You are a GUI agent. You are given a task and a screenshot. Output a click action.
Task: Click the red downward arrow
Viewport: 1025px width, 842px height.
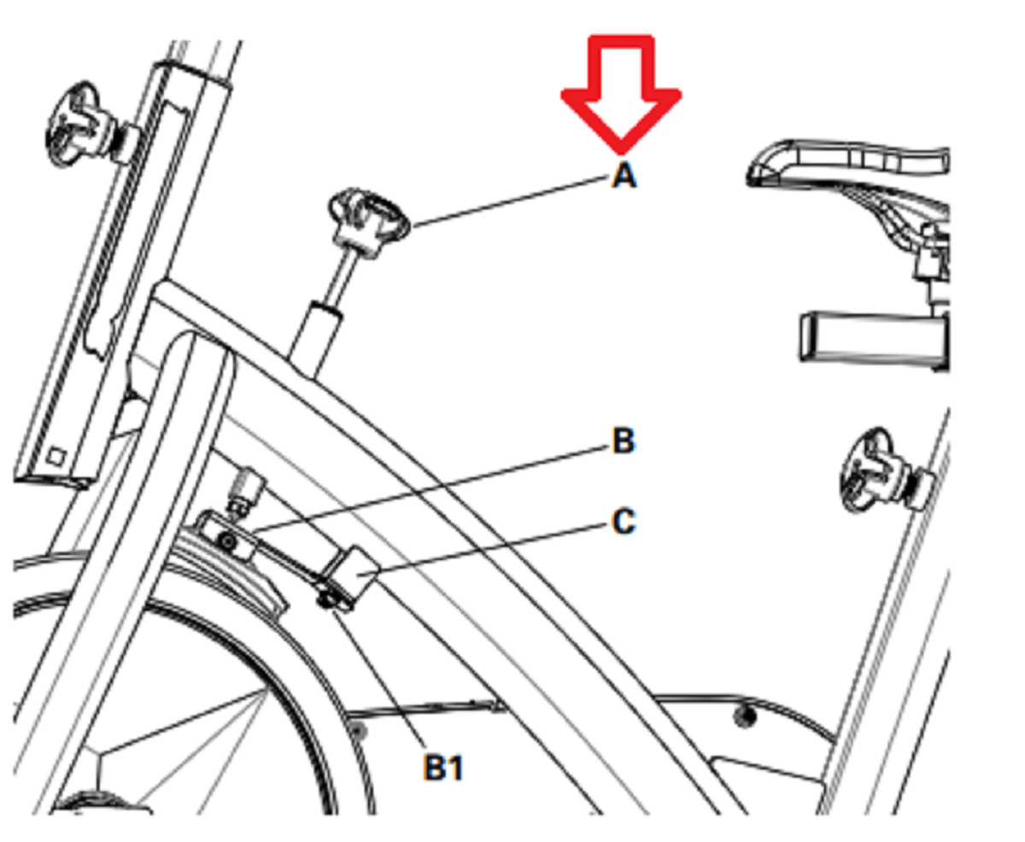click(x=621, y=92)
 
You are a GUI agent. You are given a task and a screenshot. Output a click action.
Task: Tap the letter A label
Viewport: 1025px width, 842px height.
click(x=624, y=175)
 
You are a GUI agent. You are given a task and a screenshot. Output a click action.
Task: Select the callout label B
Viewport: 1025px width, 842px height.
click(x=624, y=441)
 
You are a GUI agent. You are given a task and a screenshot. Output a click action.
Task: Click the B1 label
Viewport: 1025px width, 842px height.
click(x=443, y=767)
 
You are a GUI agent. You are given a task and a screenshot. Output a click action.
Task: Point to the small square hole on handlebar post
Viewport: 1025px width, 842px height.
click(x=57, y=457)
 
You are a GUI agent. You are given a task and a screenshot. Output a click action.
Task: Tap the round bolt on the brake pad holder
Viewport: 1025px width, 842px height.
click(x=225, y=541)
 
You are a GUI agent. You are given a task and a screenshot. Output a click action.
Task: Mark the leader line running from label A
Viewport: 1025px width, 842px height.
click(x=509, y=202)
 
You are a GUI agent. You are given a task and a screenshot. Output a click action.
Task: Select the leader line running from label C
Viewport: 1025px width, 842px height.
click(x=492, y=551)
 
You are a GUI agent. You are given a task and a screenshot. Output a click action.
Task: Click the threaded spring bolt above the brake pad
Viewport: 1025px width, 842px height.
click(x=247, y=491)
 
